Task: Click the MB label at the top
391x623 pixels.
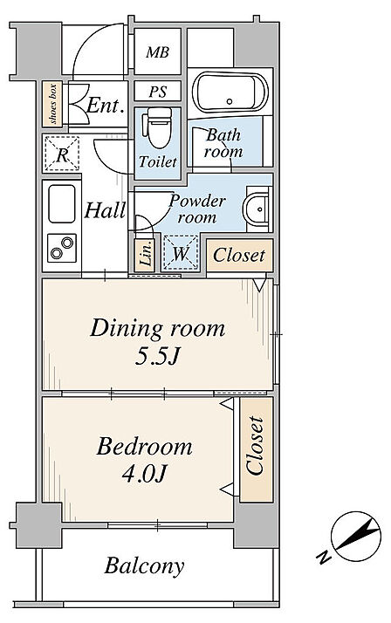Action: [157, 52]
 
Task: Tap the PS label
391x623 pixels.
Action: [158, 92]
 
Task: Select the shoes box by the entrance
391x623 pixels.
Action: [52, 104]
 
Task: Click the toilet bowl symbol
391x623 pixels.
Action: [160, 127]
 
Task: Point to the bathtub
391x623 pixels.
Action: [230, 92]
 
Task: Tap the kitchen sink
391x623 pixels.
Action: [62, 203]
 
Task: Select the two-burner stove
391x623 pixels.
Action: [62, 248]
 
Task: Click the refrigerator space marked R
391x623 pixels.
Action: [62, 154]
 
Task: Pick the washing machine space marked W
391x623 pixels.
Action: [181, 253]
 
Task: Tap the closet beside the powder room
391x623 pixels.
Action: [240, 255]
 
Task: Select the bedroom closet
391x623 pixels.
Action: [257, 449]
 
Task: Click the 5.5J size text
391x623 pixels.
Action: [157, 357]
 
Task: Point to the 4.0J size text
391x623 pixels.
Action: [144, 473]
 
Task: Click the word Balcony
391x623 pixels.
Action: [145, 565]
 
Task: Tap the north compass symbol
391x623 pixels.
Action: [355, 537]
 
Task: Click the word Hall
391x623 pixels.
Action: [105, 209]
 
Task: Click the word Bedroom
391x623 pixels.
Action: [145, 446]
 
